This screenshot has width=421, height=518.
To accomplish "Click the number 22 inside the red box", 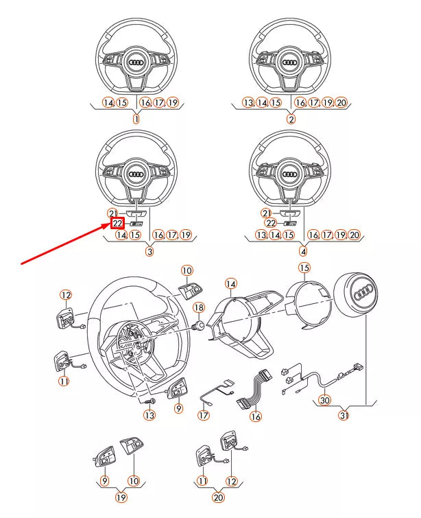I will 117,223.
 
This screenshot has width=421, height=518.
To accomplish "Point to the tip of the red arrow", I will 108,224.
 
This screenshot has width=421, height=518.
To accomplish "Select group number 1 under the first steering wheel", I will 135,119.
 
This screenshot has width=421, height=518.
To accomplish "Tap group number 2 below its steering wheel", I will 291,119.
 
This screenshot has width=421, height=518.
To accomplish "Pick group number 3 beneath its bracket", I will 149,252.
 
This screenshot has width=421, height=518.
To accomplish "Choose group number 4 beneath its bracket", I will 303,252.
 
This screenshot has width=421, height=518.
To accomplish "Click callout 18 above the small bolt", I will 199,307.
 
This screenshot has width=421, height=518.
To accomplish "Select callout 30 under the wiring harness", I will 324,400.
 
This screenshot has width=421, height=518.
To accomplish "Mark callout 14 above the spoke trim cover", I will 231,283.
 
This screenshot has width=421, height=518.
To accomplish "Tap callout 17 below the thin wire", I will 204,414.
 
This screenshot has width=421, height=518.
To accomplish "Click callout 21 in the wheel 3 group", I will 113,213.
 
